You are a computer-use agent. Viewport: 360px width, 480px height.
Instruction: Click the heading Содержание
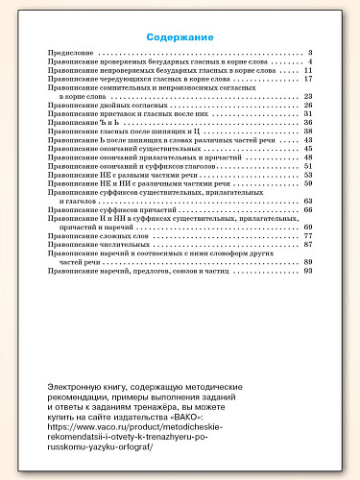(x=180, y=37)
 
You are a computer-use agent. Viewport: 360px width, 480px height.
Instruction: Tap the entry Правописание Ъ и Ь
(x=82, y=122)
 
